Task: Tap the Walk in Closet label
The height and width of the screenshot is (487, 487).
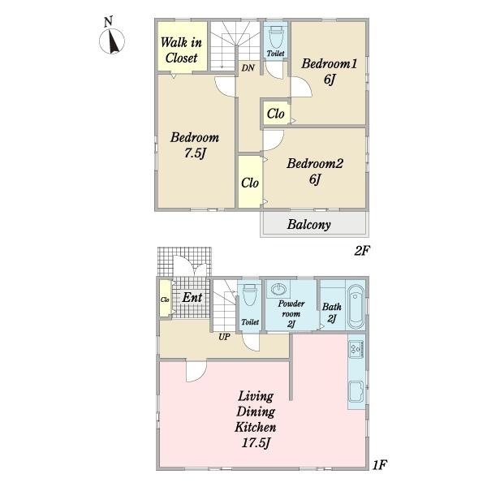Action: [181, 50]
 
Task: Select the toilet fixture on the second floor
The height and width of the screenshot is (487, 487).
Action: [276, 37]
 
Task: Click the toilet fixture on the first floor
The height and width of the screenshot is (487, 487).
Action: [250, 295]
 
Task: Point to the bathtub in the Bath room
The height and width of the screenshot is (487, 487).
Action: [356, 307]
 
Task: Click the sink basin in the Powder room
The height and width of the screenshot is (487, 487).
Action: [278, 289]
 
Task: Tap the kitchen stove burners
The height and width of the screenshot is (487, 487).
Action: [356, 348]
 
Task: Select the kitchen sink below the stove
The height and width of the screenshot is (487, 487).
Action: [356, 392]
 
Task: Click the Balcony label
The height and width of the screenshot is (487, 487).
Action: [308, 225]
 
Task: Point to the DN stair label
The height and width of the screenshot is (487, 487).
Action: [248, 67]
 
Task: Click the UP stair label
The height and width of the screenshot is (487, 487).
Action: [224, 337]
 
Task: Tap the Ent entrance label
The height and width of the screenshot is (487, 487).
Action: [192, 298]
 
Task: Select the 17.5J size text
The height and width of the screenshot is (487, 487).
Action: [256, 443]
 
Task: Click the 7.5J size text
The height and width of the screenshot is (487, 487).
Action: [195, 153]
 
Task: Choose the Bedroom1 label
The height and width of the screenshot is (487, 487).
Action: [330, 63]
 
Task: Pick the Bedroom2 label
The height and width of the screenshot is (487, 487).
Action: [315, 164]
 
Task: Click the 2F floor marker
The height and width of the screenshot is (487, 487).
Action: [363, 251]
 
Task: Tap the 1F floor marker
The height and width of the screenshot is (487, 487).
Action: [380, 465]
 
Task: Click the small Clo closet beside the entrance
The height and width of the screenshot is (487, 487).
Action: [165, 299]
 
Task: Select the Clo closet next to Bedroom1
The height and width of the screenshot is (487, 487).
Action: [275, 113]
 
